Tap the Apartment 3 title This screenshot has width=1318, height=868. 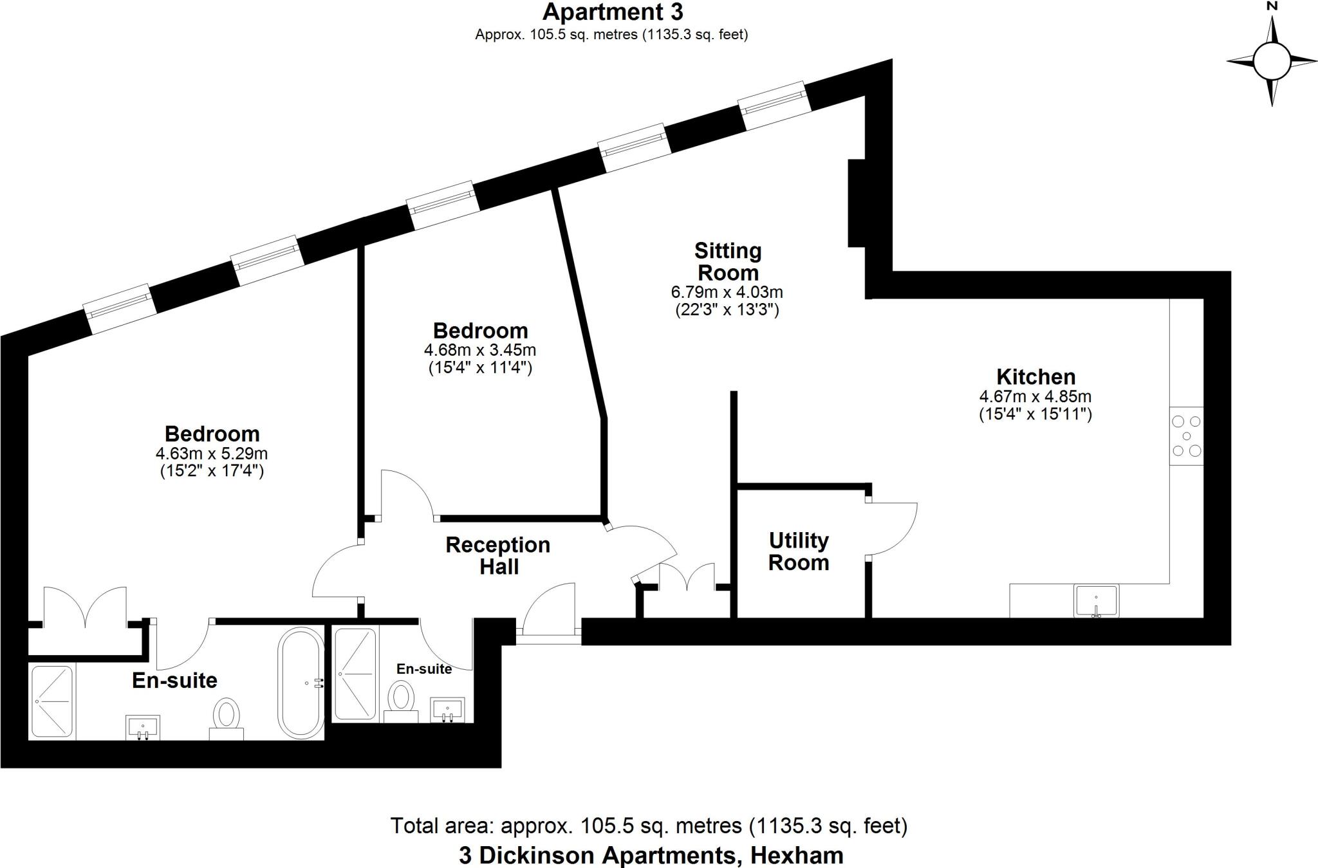613,12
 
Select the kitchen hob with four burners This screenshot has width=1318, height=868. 1186,436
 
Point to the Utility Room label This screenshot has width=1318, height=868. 799,551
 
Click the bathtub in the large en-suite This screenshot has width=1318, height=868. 301,683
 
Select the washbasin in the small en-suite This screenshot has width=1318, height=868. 448,710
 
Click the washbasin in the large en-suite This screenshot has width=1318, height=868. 143,728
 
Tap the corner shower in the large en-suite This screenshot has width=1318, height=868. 52,701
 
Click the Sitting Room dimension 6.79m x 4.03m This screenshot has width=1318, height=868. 727,292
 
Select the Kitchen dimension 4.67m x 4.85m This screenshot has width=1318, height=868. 1035,397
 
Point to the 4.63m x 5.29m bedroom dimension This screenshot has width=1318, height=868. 212,454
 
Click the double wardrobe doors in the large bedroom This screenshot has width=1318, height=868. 84,606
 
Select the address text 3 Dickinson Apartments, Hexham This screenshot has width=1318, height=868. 651,856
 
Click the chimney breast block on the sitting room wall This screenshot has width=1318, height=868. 856,203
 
